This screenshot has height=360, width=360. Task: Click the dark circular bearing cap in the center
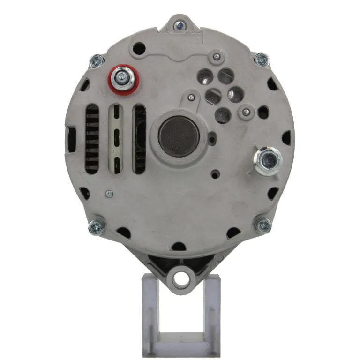coord(178,136)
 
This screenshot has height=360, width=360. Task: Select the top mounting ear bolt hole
coord(179,25)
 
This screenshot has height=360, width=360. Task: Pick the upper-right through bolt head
coord(261,60)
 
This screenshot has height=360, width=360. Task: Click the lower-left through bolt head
coord(97,226)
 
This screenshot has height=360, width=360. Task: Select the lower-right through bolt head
coord(262,226)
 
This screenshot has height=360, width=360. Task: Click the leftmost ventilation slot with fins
coord(92,139)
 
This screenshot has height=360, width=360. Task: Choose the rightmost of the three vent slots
coord(139,139)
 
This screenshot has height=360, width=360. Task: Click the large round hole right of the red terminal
coord(139,48)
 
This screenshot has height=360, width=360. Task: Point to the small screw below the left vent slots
coord(109,193)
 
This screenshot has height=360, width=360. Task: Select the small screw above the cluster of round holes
coord(216,57)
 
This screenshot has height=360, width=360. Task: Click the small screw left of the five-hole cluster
coord(191,97)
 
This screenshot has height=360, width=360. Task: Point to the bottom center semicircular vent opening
coord(179,246)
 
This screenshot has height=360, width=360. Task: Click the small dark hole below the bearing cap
coord(215,174)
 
